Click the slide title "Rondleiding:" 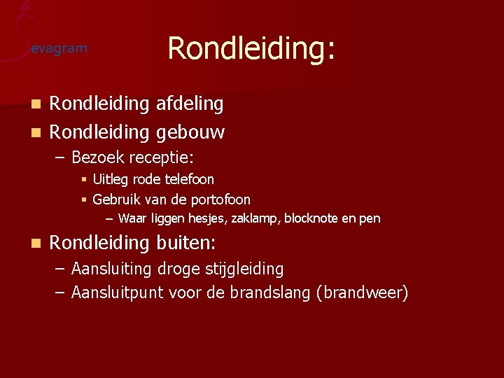251,48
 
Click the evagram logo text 59,48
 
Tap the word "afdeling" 190,104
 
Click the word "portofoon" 220,199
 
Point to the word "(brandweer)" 362,293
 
